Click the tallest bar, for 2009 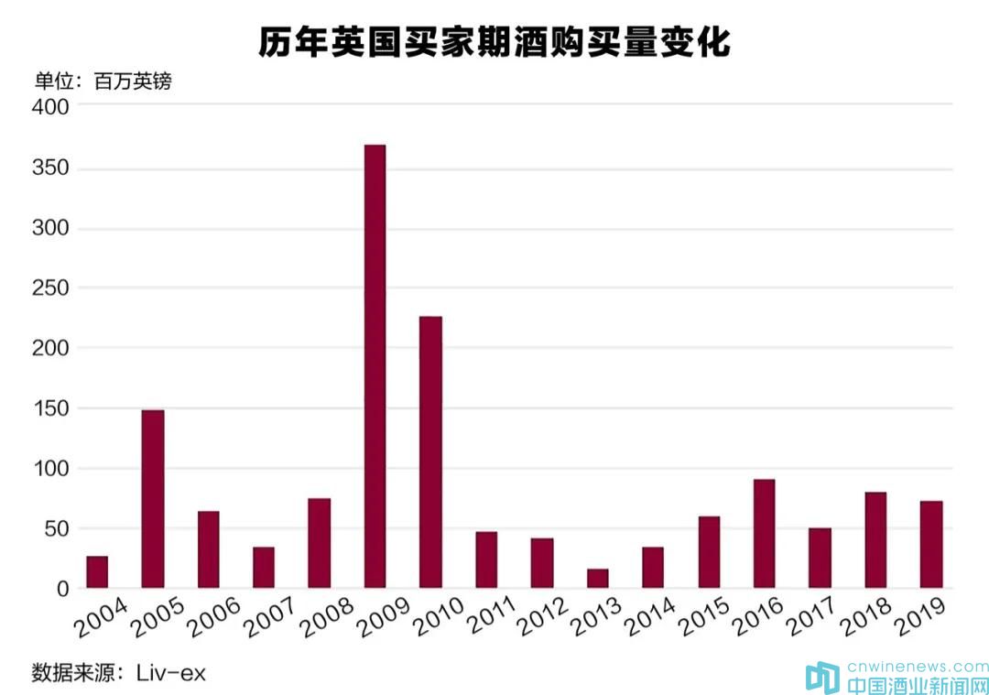point(375,366)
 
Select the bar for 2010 point(430,452)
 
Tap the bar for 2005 point(153,499)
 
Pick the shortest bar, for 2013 point(597,579)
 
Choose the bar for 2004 point(97,572)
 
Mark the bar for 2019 point(931,545)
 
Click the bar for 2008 point(319,543)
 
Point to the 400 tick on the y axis point(50,107)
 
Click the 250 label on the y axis point(50,288)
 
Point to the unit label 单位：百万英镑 point(103,81)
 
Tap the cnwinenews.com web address point(916,667)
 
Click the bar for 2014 point(653,568)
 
